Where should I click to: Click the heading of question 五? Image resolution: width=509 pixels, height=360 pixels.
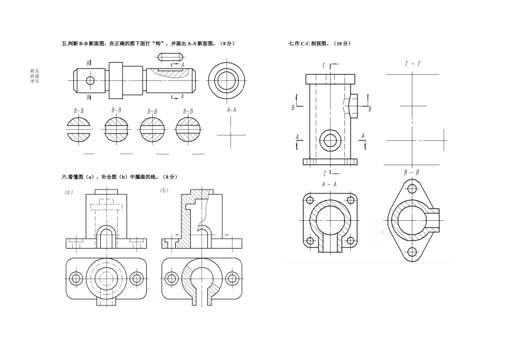pos(148,43)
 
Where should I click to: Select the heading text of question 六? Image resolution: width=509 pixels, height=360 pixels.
pos(119,177)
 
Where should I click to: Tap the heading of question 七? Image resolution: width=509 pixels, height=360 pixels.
pos(319,43)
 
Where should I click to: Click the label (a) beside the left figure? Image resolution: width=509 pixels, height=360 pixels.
pos(68,192)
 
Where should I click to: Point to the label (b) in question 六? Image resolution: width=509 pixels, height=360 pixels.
pos(164,190)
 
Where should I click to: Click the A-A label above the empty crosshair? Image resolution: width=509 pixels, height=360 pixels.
pos(231,109)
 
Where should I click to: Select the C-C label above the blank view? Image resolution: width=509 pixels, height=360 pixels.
pos(413,64)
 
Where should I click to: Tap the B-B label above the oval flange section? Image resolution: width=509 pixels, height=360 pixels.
pos(411,172)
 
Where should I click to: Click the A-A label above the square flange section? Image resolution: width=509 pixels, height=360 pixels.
pos(329,184)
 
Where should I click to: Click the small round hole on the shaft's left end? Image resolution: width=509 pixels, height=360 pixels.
pos(90,81)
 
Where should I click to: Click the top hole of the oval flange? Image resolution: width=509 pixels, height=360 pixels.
pos(412,189)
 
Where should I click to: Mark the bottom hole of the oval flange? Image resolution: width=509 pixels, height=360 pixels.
pos(412,252)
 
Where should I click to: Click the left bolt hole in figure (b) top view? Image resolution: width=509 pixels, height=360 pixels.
pos(172,278)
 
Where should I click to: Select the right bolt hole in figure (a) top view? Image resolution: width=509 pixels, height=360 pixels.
pos(136,278)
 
